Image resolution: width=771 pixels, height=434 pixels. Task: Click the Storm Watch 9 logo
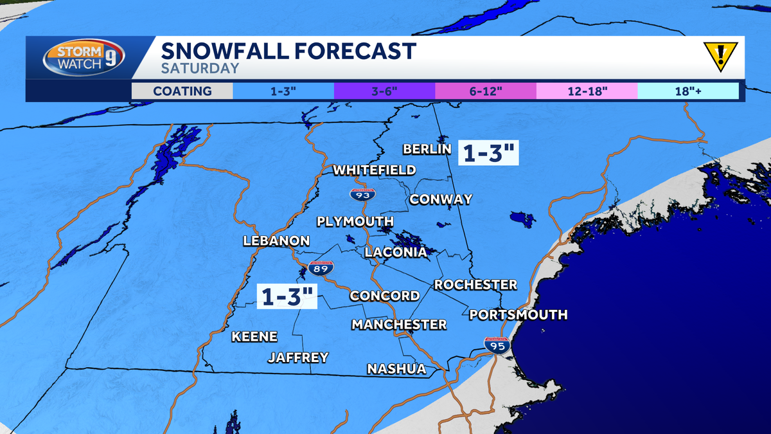click(x=84, y=59)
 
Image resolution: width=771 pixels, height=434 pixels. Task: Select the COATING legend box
click(x=182, y=91)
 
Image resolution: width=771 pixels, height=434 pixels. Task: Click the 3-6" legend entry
click(x=384, y=91)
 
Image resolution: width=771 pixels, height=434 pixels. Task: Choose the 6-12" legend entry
click(x=485, y=91)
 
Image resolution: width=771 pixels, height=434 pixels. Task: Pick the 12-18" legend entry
click(x=587, y=91)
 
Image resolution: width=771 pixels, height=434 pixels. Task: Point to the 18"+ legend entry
click(x=687, y=91)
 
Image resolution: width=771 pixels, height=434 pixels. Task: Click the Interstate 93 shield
click(x=363, y=194)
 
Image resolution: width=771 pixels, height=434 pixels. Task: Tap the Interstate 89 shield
click(x=321, y=268)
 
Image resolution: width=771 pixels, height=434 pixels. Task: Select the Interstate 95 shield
click(x=497, y=344)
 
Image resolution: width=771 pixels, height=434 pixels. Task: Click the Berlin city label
click(x=427, y=149)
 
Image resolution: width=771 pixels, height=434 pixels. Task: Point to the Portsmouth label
click(x=518, y=314)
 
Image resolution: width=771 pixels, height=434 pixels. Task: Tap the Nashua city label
click(x=396, y=368)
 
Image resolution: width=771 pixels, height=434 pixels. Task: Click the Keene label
click(x=254, y=336)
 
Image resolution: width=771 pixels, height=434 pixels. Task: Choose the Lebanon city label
click(x=276, y=241)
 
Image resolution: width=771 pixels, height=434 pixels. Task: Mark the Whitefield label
click(x=374, y=170)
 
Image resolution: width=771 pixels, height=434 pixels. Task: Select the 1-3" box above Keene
click(x=288, y=296)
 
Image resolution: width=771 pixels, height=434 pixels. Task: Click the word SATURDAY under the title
click(x=200, y=68)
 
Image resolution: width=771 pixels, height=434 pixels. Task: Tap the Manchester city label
click(x=398, y=324)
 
